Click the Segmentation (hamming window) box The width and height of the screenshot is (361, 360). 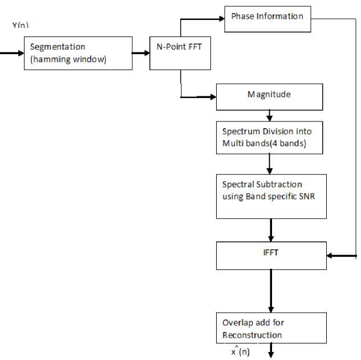point(78,53)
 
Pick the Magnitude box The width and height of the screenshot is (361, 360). point(269,97)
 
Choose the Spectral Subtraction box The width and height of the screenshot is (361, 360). point(271,196)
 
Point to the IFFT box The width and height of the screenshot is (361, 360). point(271,255)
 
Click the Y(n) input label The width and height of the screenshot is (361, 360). point(21,26)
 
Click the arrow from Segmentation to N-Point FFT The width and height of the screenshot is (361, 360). point(140,53)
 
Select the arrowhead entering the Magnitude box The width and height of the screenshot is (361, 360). point(212,97)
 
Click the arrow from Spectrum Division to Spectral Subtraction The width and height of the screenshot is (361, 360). point(269,164)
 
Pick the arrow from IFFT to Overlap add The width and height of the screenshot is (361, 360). point(271,291)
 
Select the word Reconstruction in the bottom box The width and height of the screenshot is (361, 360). point(252,334)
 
